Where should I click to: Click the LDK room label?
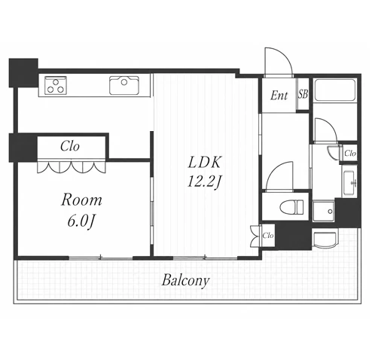204,162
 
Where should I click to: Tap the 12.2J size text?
204,182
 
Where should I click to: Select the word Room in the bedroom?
81,200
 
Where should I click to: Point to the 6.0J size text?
81,221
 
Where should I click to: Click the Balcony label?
185,280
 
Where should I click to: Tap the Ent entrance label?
279,96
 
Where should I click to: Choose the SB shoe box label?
303,94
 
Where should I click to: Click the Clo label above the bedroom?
70,146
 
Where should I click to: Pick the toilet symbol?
291,207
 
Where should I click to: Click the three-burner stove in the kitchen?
56,86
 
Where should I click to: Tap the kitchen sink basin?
124,85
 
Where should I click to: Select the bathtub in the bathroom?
335,90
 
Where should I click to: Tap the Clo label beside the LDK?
267,236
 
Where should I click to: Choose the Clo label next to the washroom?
350,153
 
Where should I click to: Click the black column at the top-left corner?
23,73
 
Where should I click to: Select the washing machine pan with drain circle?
324,212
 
